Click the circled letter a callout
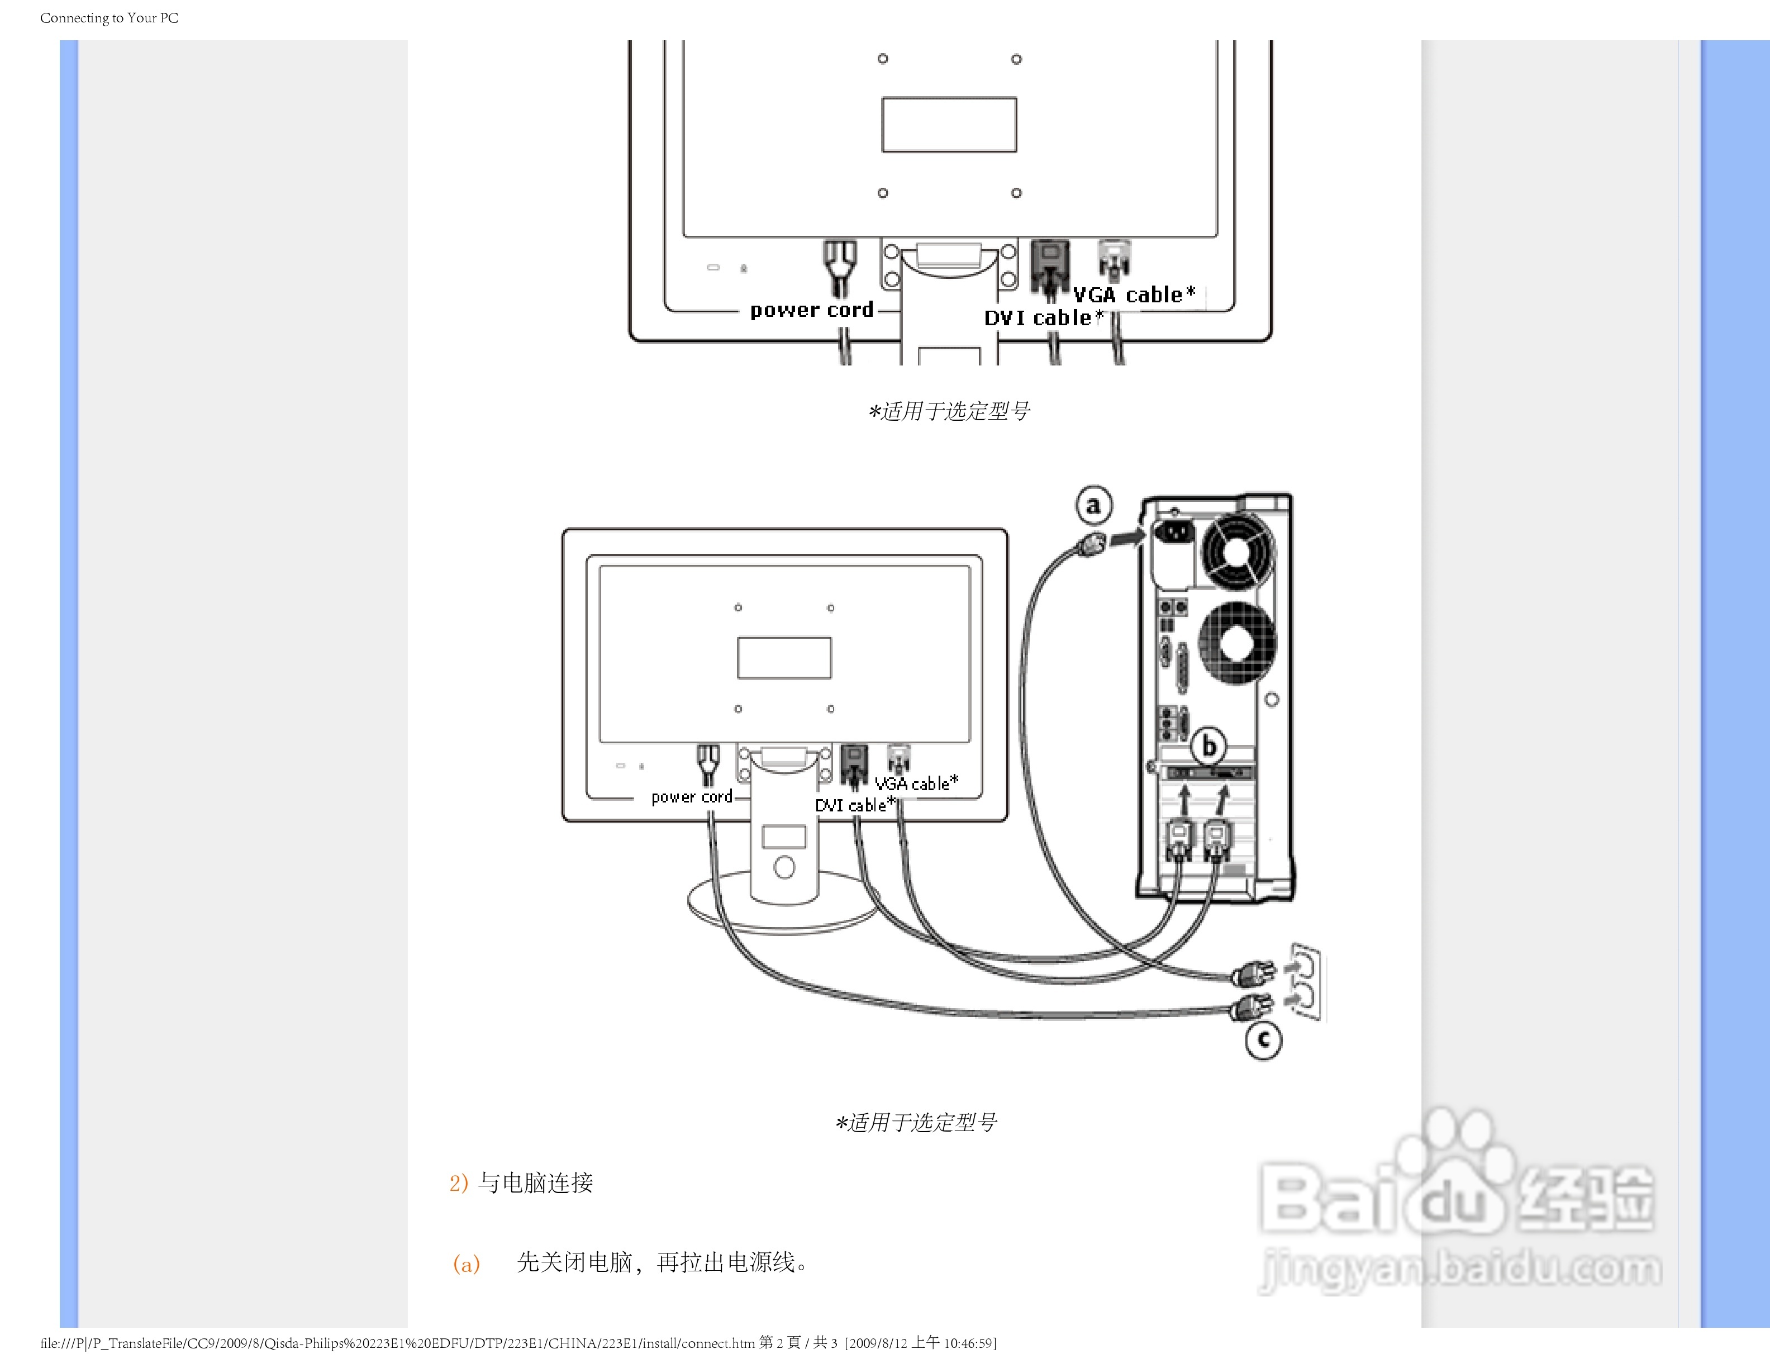[x=1093, y=506]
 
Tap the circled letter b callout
[x=1209, y=745]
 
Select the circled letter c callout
[x=1263, y=1041]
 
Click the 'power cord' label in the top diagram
[x=811, y=310]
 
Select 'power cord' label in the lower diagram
[x=691, y=797]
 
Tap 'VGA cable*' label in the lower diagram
[x=916, y=783]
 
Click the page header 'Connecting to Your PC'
[x=110, y=18]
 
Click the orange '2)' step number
[x=459, y=1183]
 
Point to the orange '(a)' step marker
[x=466, y=1263]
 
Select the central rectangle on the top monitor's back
[x=949, y=125]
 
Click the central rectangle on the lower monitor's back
[x=784, y=657]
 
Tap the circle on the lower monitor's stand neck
[x=784, y=868]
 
